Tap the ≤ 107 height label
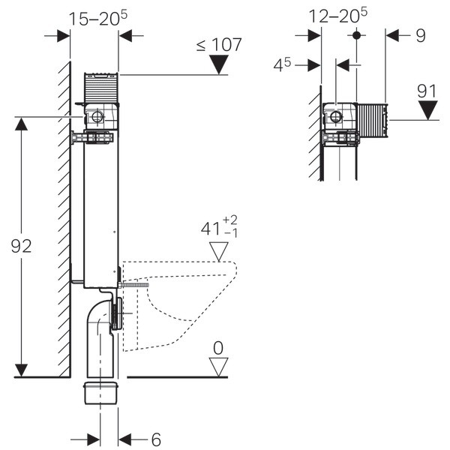(x=219, y=45)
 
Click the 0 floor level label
(x=218, y=347)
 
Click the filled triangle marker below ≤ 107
(x=218, y=65)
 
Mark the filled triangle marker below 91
(x=427, y=110)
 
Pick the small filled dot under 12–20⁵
(x=356, y=34)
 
